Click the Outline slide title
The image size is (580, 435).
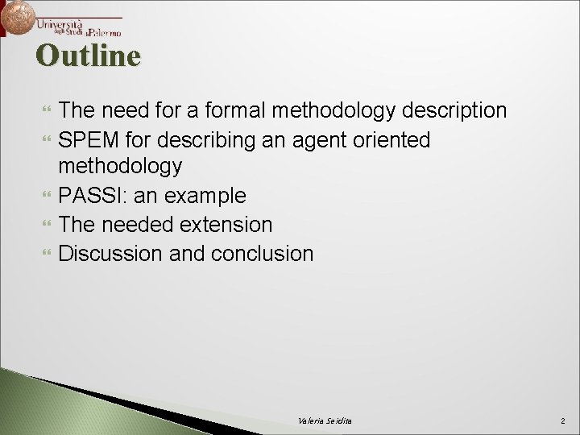(x=89, y=56)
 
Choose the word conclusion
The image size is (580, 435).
(x=263, y=252)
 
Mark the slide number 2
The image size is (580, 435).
(x=561, y=421)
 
